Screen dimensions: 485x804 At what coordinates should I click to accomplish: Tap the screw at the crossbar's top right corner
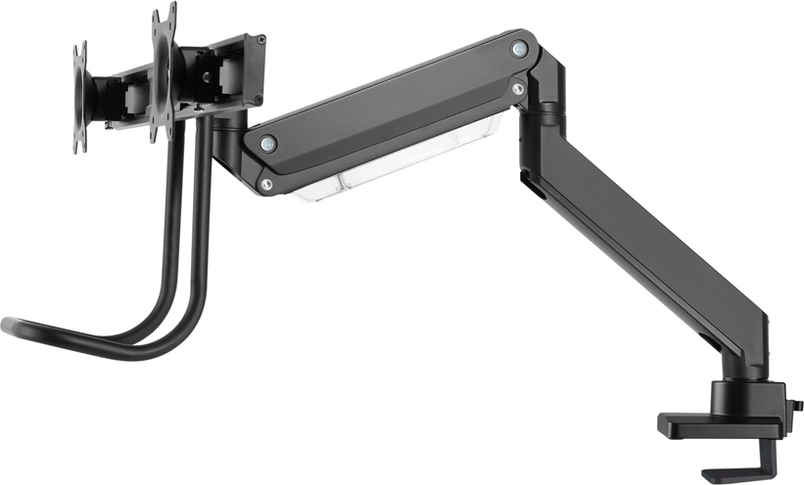pyautogui.click(x=260, y=40)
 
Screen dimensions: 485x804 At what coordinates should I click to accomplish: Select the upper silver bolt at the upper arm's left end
pyautogui.click(x=267, y=144)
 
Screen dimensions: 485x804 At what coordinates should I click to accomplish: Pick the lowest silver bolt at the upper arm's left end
pyautogui.click(x=265, y=183)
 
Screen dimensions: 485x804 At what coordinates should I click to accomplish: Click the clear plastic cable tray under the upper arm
pyautogui.click(x=392, y=171)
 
